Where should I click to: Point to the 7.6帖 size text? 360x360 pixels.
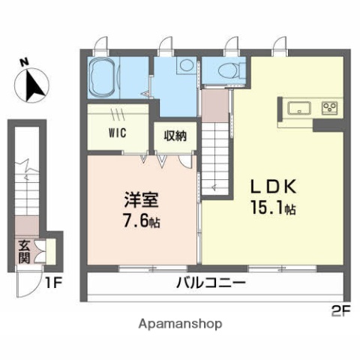pyautogui.click(x=142, y=222)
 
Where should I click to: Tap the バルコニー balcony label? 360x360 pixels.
pyautogui.click(x=211, y=283)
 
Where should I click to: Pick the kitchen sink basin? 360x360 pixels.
pyautogui.click(x=298, y=106)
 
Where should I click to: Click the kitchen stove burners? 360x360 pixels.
pyautogui.click(x=330, y=106)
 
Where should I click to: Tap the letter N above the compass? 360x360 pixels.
pyautogui.click(x=25, y=63)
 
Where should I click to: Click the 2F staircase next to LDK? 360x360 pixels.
pyautogui.click(x=214, y=150)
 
